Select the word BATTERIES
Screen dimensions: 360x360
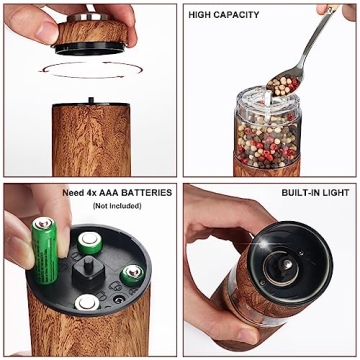coord(146,192)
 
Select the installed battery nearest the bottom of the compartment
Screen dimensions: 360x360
coord(88,300)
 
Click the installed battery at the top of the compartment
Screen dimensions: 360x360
coord(90,239)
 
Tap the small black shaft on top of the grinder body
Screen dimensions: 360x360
coord(90,99)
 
